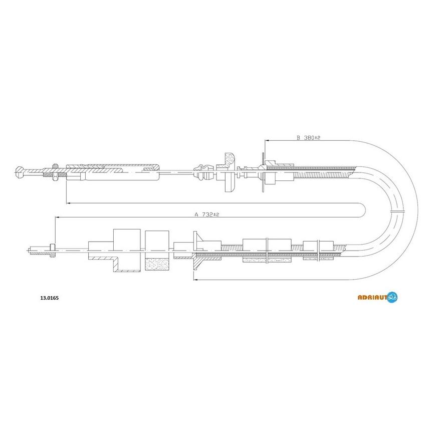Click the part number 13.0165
(50, 298)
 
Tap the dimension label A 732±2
(206, 214)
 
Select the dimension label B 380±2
(308, 137)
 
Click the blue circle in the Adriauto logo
(392, 297)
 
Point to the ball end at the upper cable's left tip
(20, 171)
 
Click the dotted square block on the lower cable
(157, 264)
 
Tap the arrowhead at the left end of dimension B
(267, 141)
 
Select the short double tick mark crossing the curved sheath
(397, 211)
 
